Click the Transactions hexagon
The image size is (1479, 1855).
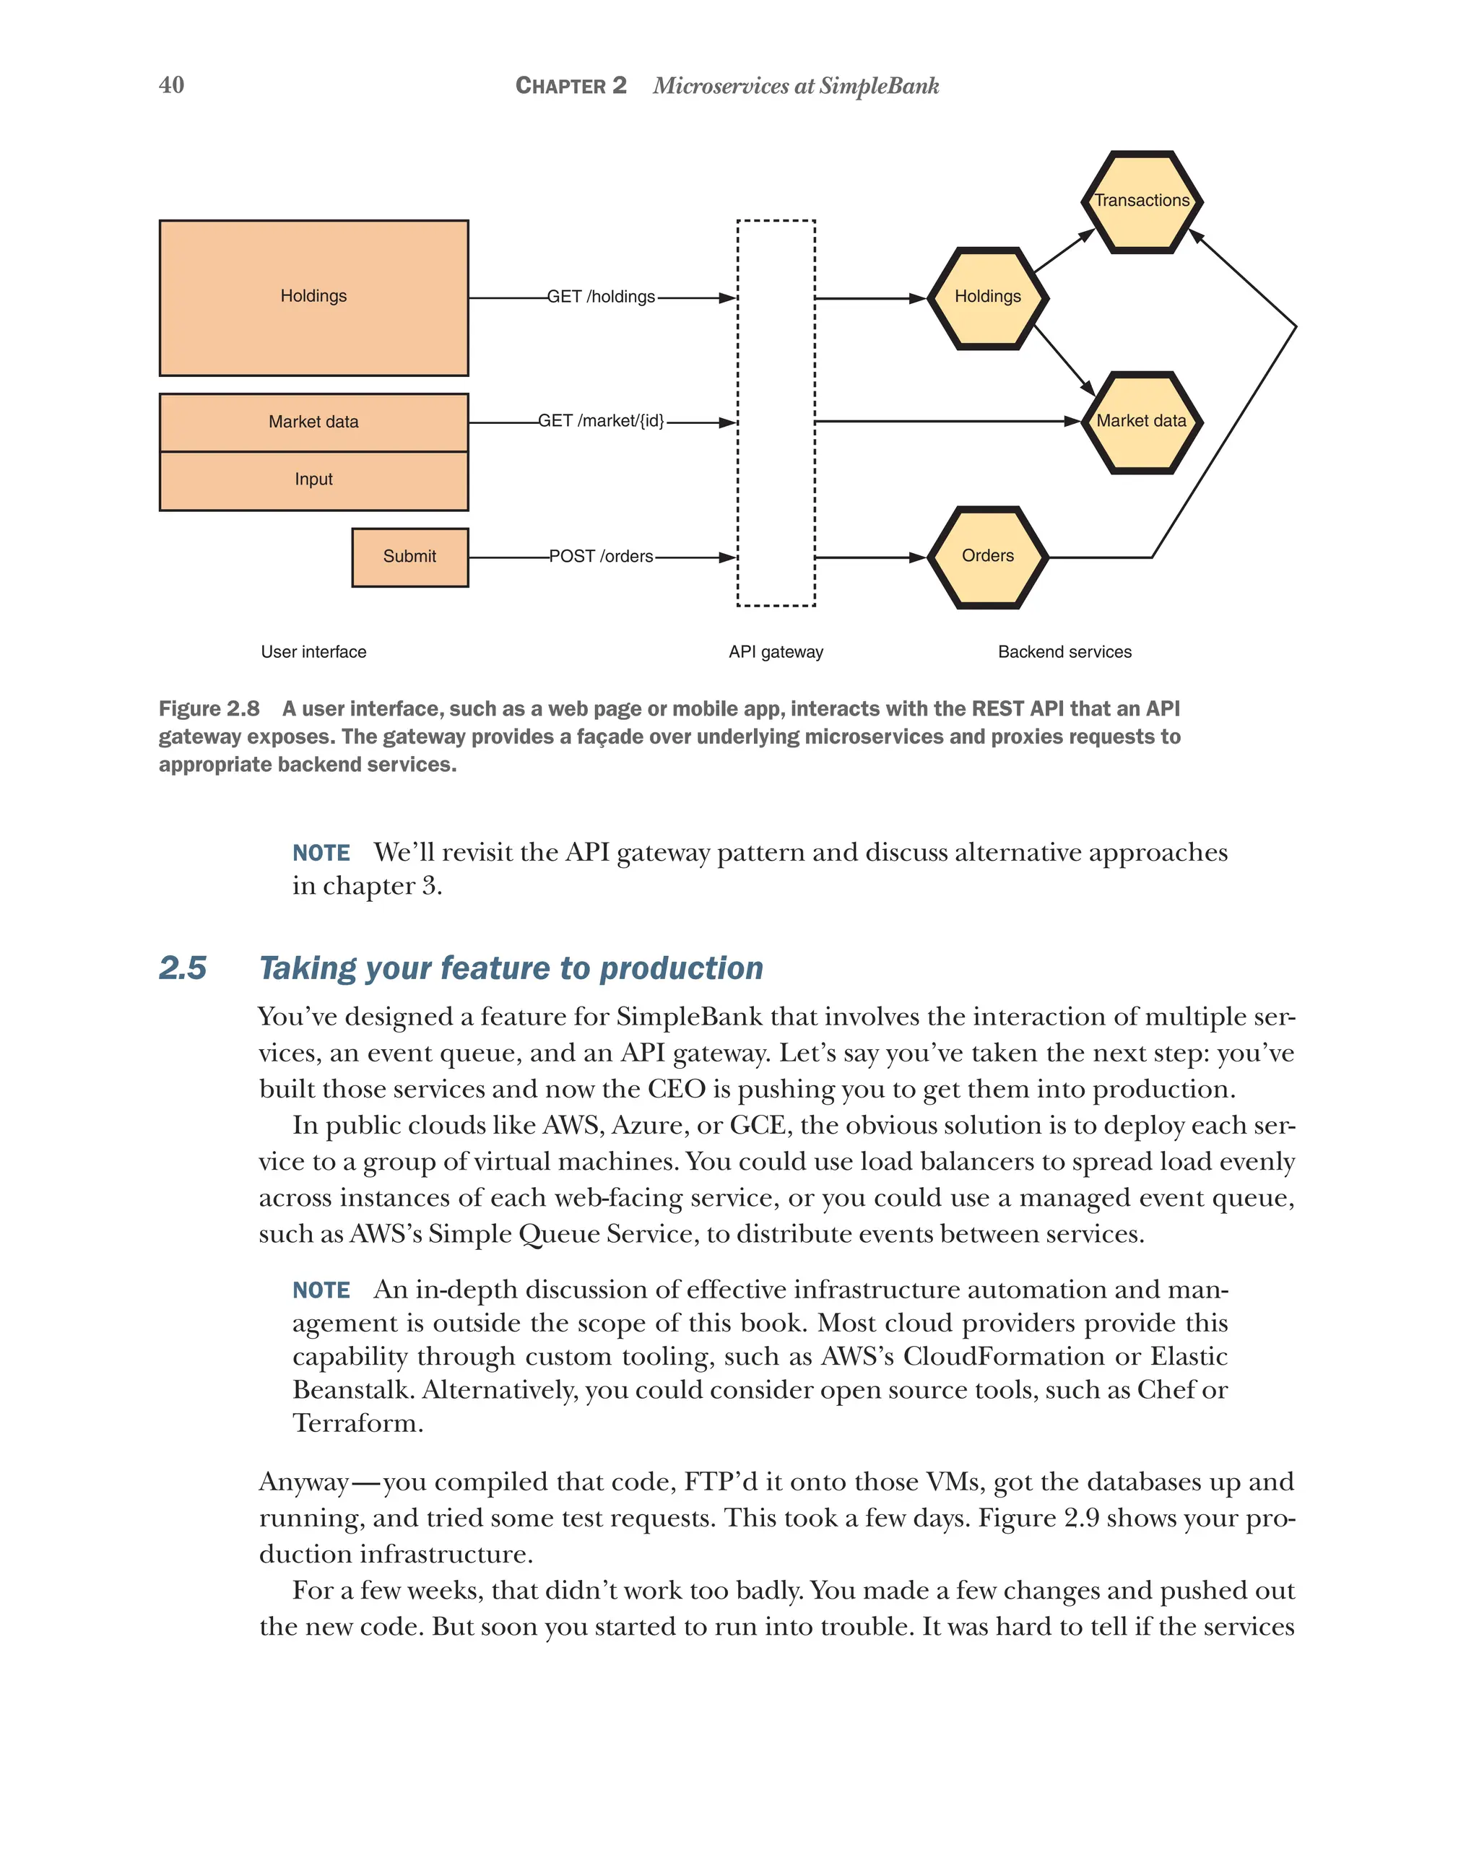coord(1141,201)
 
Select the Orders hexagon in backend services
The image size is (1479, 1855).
coord(987,557)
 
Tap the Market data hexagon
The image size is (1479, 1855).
coord(1141,422)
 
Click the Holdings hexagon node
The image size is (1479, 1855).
coord(987,297)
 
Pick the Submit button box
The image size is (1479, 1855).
coord(409,557)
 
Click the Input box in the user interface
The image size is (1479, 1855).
coord(313,480)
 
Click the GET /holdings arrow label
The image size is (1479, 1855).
coord(601,297)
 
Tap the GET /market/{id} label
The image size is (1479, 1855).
coord(601,421)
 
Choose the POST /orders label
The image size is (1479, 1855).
coord(601,557)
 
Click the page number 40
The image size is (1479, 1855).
coord(171,84)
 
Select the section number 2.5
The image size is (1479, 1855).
coord(183,968)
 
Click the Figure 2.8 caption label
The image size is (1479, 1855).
coord(209,708)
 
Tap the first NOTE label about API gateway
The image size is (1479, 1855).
coord(321,853)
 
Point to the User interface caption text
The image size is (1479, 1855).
coord(313,651)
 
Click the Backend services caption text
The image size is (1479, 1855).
coord(1064,651)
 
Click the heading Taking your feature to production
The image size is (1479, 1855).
coord(511,968)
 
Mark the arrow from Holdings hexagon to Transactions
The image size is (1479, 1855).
coord(1064,251)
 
